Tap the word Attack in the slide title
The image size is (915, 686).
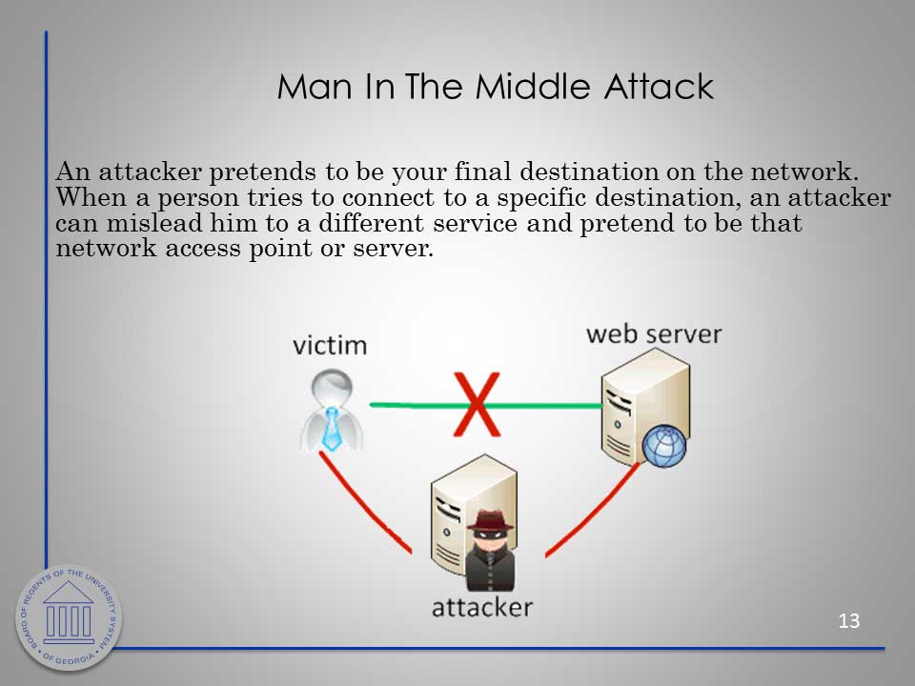point(659,87)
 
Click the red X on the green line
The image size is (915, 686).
point(477,404)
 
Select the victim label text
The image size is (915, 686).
point(330,345)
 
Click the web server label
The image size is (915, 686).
point(654,334)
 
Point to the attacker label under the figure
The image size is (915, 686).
point(482,607)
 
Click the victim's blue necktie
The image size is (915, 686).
point(332,429)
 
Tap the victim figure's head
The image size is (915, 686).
point(332,387)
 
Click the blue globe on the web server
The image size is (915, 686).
point(663,446)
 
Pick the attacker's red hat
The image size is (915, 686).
point(490,520)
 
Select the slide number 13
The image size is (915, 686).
point(848,620)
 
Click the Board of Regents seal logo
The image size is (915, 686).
point(69,617)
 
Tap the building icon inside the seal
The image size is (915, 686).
point(69,611)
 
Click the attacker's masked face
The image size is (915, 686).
point(489,539)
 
